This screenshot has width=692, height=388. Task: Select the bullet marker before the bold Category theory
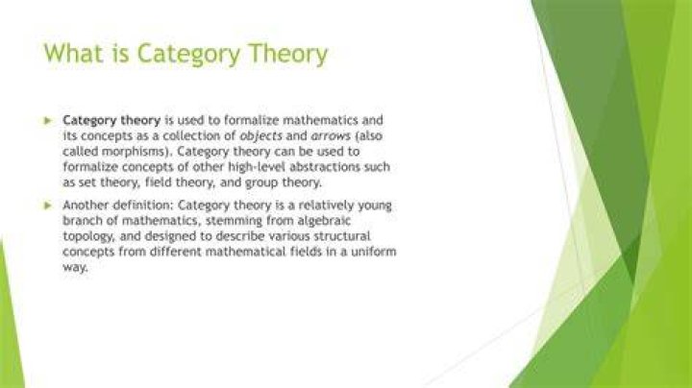pyautogui.click(x=48, y=120)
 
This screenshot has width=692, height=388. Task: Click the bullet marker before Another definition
pyautogui.click(x=48, y=206)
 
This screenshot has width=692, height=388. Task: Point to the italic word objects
pyautogui.click(x=260, y=136)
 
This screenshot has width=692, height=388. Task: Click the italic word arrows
pyautogui.click(x=331, y=136)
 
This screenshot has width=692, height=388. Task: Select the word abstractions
pyautogui.click(x=325, y=167)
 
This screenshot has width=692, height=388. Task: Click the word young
pyautogui.click(x=374, y=206)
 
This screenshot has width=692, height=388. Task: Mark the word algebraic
pyautogui.click(x=324, y=221)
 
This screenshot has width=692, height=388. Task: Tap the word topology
pyautogui.click(x=88, y=237)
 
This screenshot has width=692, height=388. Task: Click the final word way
pyautogui.click(x=75, y=268)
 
